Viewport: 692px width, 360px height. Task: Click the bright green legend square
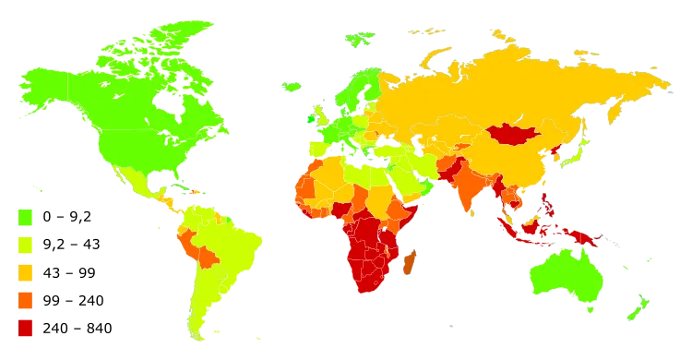tap(25, 217)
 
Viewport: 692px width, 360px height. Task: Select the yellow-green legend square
tap(25, 245)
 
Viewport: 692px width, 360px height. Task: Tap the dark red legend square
tap(25, 328)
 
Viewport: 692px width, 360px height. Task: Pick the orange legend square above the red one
tap(25, 300)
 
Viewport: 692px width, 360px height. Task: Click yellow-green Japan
tap(578, 158)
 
